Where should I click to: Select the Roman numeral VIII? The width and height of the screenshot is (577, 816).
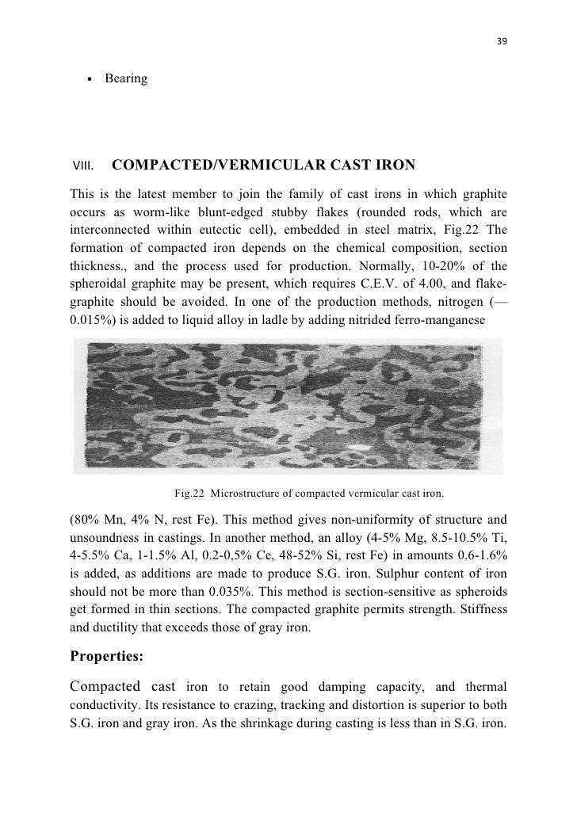[x=83, y=166]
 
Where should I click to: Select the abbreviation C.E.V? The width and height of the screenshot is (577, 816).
[x=375, y=284]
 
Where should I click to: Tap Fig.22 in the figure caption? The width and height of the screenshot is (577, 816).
[x=190, y=494]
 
